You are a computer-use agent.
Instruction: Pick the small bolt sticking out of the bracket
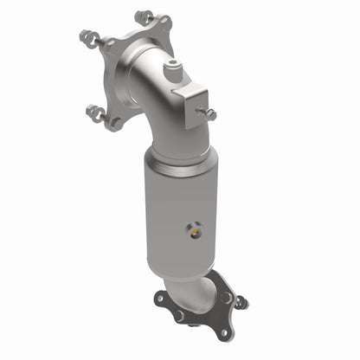point(206,112)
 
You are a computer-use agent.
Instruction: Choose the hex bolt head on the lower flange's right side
point(227,297)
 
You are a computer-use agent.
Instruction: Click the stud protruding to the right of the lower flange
point(241,302)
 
